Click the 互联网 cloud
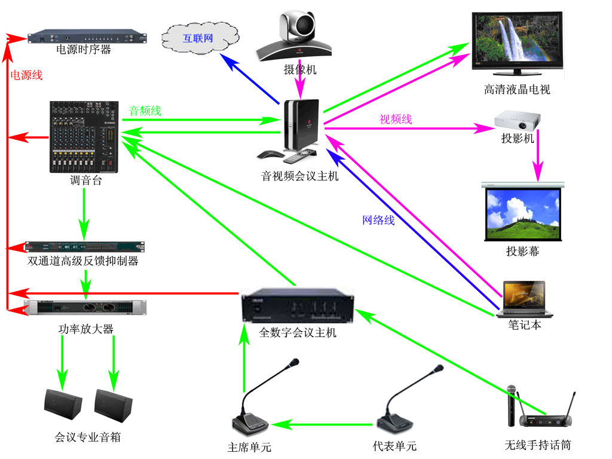pyautogui.click(x=200, y=38)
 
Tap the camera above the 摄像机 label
pyautogui.click(x=295, y=36)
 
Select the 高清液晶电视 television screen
pyautogui.click(x=517, y=43)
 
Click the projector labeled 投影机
pyautogui.click(x=518, y=120)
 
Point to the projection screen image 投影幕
pyautogui.click(x=523, y=212)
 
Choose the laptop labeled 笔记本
pyautogui.click(x=524, y=299)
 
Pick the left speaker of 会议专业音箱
pyautogui.click(x=63, y=404)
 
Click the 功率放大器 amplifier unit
pyautogui.click(x=85, y=308)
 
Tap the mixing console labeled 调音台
pyautogui.click(x=84, y=137)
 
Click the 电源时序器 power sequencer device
pyautogui.click(x=87, y=36)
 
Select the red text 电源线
pyautogui.click(x=26, y=75)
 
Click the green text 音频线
pyautogui.click(x=145, y=111)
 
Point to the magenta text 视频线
pyautogui.click(x=396, y=119)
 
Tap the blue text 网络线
pyautogui.click(x=378, y=220)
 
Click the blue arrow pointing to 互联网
pyautogui.click(x=250, y=78)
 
